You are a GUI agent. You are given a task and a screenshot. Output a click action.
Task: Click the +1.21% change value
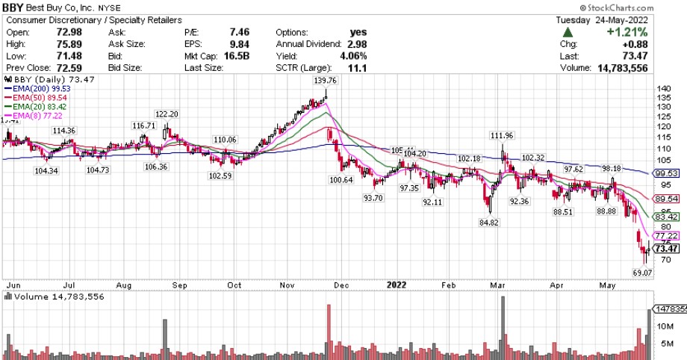[x=627, y=33]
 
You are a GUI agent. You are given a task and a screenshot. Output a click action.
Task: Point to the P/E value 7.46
[x=218, y=33]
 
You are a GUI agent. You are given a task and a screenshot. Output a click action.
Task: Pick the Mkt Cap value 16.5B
[x=216, y=56]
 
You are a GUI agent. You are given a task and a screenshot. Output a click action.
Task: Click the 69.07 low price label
[x=643, y=273]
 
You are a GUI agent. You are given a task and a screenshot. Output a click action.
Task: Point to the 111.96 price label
[x=502, y=135]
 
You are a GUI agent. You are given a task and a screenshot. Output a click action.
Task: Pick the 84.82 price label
[x=489, y=222]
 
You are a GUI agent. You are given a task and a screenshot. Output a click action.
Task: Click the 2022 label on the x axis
[x=396, y=285]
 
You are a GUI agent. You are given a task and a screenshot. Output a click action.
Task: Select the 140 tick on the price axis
[x=662, y=89]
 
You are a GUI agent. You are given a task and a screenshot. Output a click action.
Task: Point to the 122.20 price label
[x=166, y=114]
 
